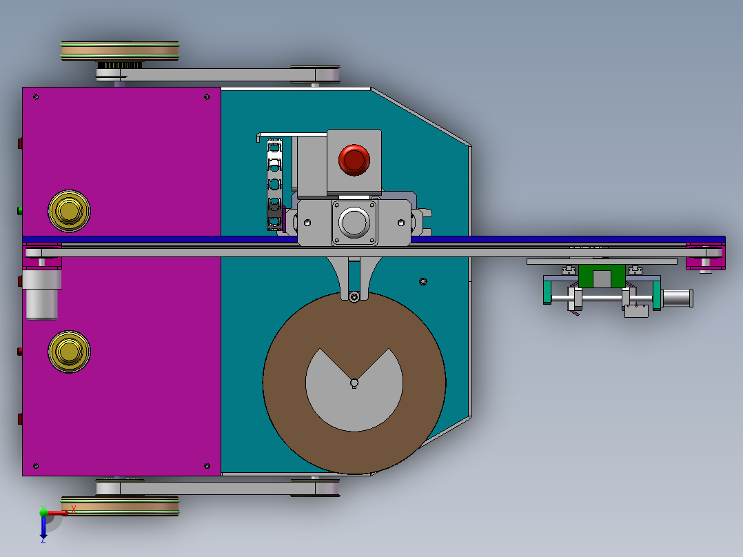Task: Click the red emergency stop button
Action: point(354,159)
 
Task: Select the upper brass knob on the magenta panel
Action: point(68,210)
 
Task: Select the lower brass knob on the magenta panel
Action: point(68,352)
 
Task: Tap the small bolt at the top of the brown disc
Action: point(354,297)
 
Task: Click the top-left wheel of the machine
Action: point(120,51)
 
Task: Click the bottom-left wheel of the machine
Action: point(120,506)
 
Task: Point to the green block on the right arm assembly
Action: point(602,276)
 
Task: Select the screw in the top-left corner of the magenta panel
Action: point(36,97)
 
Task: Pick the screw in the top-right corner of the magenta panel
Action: point(207,97)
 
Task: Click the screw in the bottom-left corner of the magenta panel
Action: point(36,465)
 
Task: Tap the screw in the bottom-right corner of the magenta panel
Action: point(207,465)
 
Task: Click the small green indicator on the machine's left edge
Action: point(20,210)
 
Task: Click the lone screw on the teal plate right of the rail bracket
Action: point(423,281)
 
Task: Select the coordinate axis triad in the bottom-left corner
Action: point(46,520)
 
